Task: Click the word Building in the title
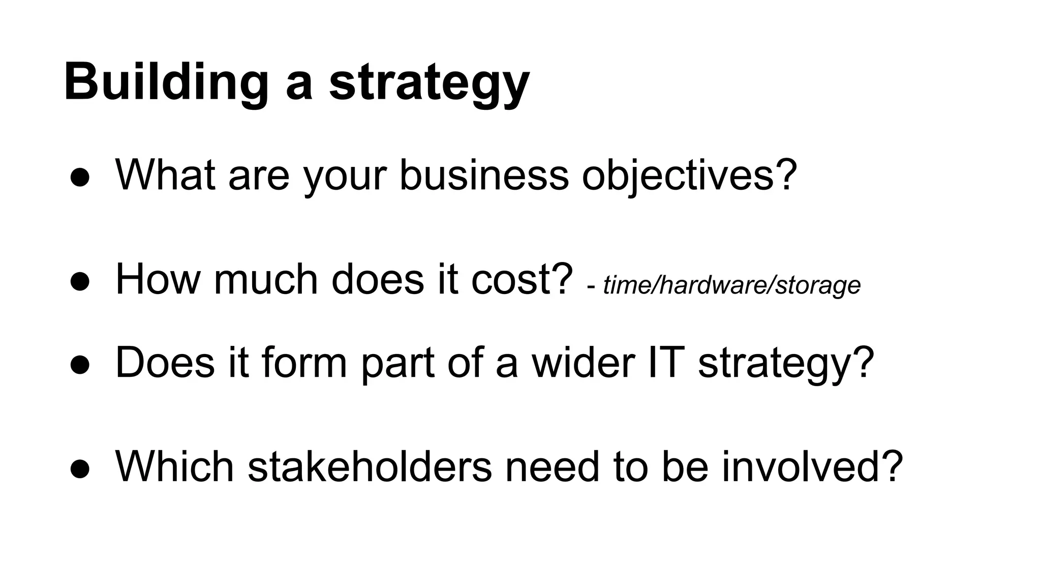[166, 82]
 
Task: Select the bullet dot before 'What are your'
[80, 178]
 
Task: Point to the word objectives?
[689, 175]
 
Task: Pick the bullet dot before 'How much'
[80, 281]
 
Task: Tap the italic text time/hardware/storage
[731, 285]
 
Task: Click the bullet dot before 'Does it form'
[80, 365]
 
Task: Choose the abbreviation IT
[664, 362]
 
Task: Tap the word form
[304, 362]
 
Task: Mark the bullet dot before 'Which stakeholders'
[80, 468]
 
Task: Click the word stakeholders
[370, 466]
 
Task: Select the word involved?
[812, 466]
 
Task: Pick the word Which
[174, 466]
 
